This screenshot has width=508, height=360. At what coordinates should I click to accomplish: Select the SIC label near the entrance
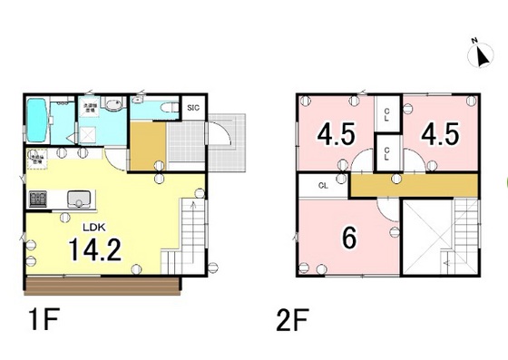click(193, 109)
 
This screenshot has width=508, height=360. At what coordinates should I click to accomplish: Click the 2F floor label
click(291, 322)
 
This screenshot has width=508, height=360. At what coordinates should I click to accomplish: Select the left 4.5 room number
click(335, 135)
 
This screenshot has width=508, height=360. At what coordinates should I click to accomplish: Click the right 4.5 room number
click(440, 135)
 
